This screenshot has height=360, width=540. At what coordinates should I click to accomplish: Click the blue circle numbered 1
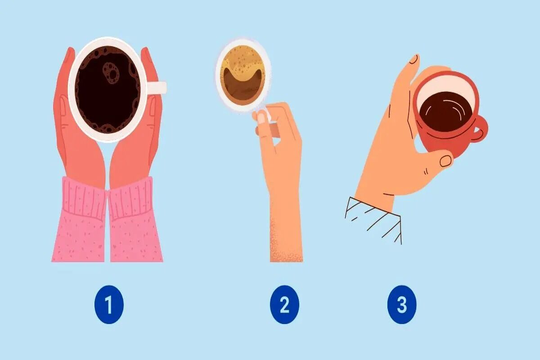(109, 304)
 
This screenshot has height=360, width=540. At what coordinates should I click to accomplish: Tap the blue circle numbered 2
(284, 304)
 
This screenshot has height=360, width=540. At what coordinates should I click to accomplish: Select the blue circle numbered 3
(401, 304)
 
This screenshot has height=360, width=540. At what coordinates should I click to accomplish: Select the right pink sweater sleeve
(135, 220)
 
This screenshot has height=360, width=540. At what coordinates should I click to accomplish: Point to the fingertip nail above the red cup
(414, 59)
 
